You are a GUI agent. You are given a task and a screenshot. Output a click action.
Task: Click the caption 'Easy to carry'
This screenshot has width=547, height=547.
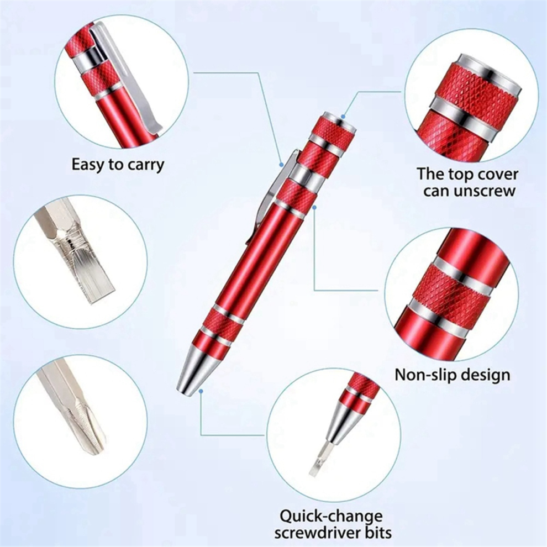(118, 164)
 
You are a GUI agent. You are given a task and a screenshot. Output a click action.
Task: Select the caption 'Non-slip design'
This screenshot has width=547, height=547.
(452, 375)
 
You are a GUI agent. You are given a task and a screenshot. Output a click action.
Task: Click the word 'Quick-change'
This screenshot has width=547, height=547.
(330, 517)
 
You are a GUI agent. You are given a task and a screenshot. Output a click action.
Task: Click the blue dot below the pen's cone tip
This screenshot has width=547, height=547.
(202, 391)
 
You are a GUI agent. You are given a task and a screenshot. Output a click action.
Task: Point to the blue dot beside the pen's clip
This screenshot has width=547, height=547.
(282, 164)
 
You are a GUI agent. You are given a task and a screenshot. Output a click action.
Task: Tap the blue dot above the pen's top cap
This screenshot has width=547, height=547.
(343, 117)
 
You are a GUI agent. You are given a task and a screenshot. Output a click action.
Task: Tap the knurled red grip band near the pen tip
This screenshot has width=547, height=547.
(221, 326)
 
